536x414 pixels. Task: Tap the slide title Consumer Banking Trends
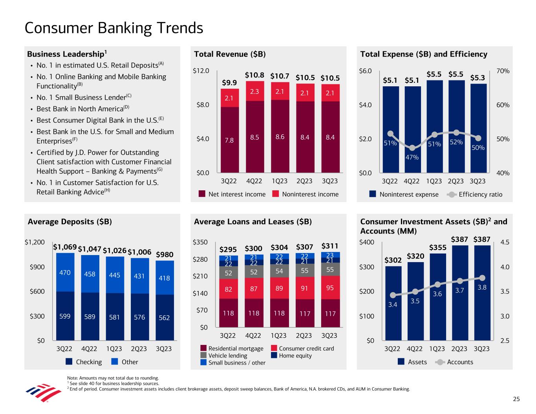(x=114, y=28)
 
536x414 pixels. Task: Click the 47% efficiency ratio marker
(x=412, y=148)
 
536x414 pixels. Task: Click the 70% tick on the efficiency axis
(x=503, y=71)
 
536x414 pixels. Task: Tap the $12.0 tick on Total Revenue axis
(x=201, y=71)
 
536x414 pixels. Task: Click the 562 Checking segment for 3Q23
(x=164, y=317)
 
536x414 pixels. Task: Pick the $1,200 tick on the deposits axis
(x=35, y=242)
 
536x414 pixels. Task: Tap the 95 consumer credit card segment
(x=330, y=288)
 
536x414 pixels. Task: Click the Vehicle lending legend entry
(x=223, y=356)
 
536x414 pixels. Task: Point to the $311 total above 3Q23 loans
(x=330, y=246)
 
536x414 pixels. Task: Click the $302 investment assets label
(x=393, y=260)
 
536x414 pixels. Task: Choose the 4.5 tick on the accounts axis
(x=505, y=242)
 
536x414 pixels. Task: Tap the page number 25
(x=516, y=399)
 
